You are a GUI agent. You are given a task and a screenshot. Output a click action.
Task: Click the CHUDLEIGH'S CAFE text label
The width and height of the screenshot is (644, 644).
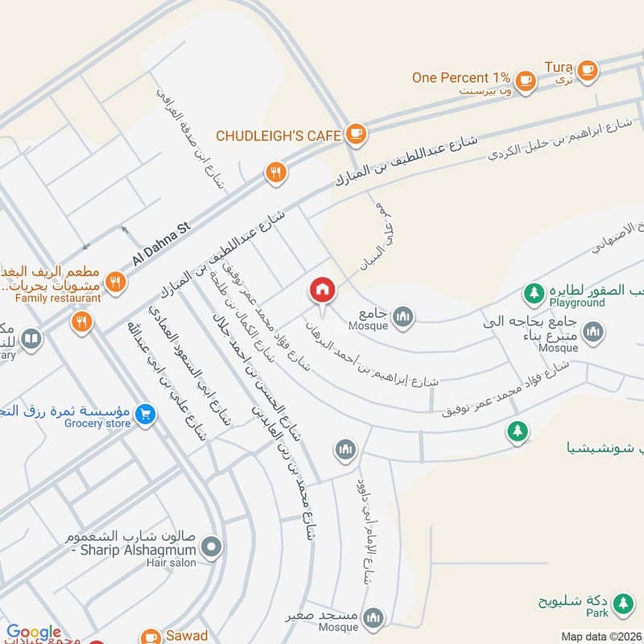click(279, 136)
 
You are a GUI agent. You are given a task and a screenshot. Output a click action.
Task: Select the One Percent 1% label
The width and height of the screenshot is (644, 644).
click(461, 77)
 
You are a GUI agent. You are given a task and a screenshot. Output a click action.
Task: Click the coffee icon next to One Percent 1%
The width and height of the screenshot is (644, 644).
click(526, 79)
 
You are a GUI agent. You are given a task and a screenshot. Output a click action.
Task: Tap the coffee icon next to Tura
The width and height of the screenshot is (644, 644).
click(587, 69)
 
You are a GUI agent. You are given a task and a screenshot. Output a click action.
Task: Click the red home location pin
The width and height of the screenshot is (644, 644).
click(322, 290)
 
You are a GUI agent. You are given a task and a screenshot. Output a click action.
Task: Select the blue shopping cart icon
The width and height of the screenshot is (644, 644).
click(146, 414)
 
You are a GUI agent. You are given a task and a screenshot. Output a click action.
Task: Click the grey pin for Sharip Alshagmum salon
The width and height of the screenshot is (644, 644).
click(212, 549)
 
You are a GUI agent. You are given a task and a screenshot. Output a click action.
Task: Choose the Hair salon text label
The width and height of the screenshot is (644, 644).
click(171, 563)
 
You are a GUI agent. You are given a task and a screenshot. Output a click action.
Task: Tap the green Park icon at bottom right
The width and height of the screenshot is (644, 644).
click(621, 603)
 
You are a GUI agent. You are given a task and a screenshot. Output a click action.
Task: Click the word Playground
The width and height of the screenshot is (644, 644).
click(577, 303)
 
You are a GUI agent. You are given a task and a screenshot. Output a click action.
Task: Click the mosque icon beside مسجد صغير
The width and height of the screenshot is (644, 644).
click(373, 618)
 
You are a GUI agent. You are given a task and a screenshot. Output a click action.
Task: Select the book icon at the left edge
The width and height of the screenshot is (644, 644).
click(31, 339)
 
